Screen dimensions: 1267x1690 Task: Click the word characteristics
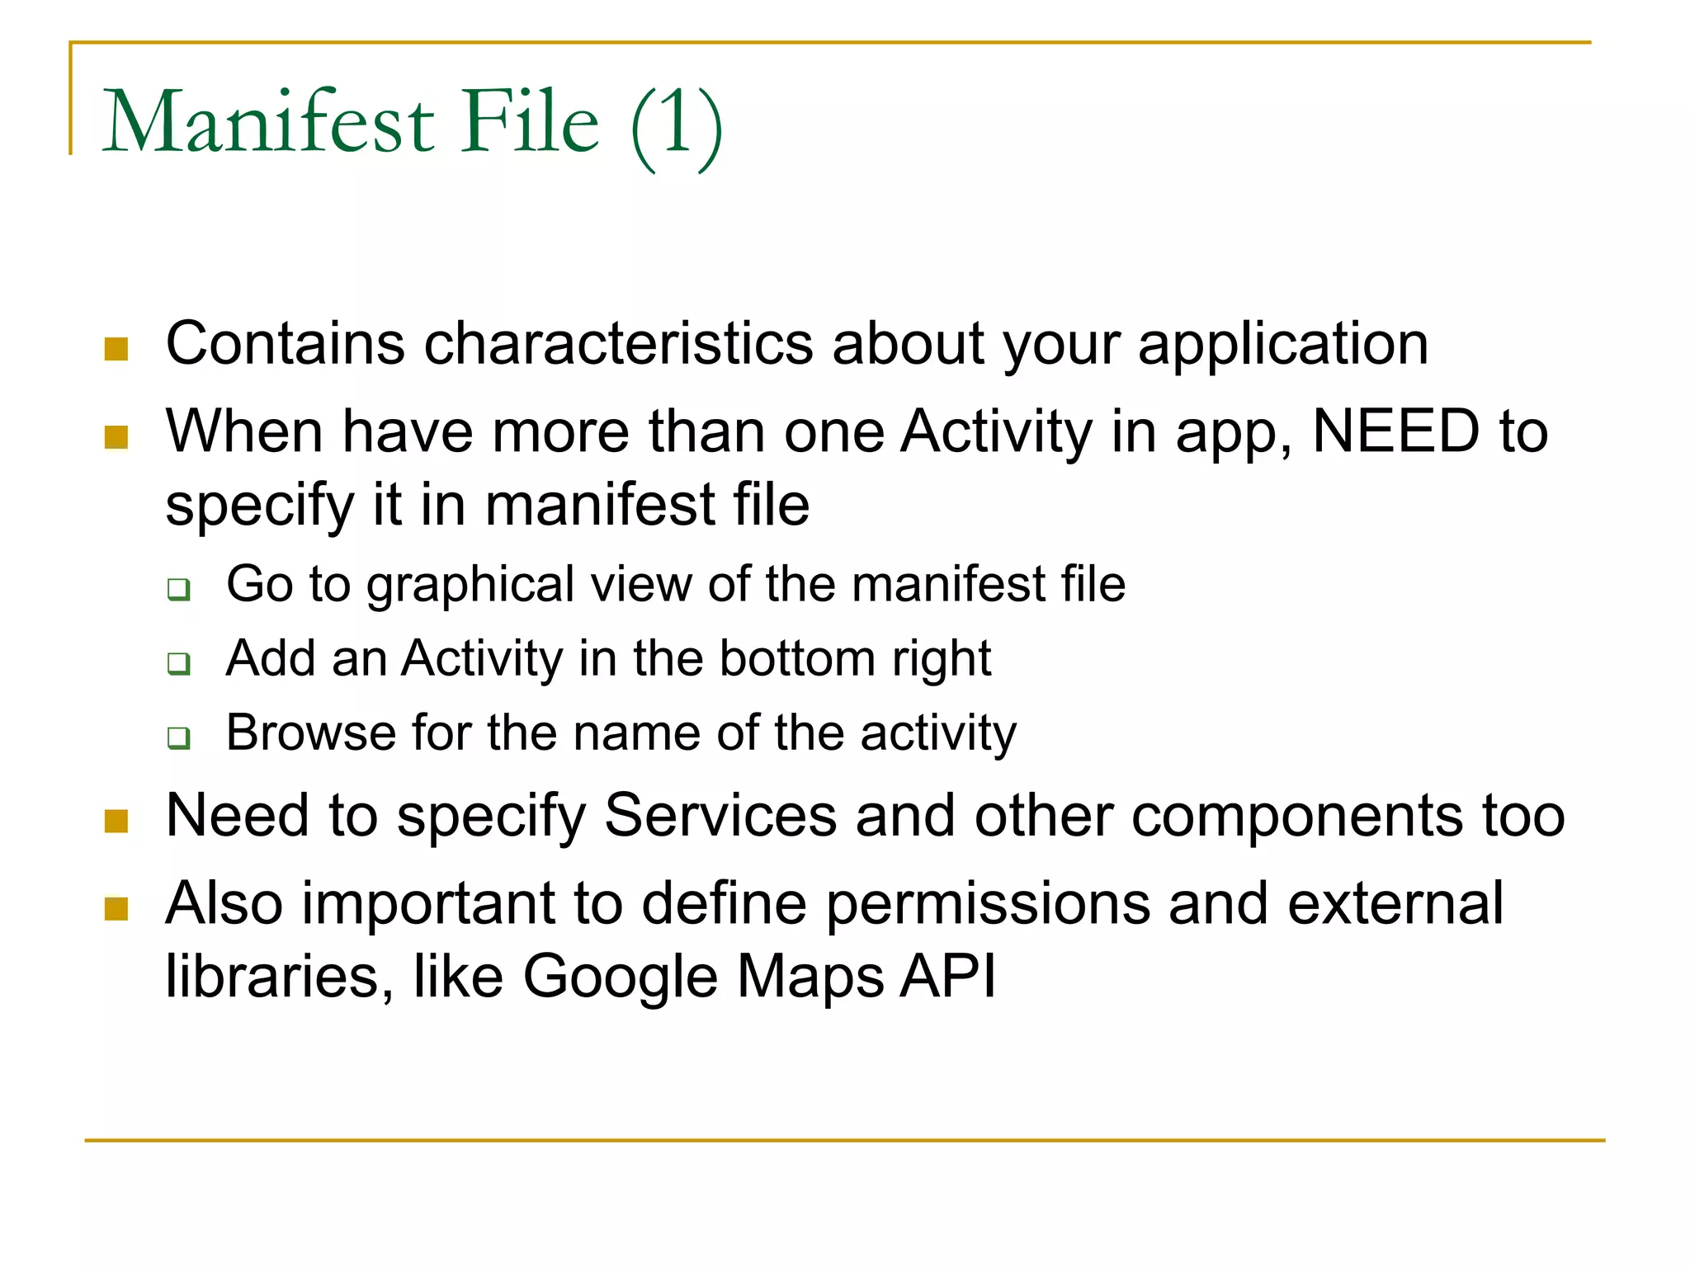tap(618, 343)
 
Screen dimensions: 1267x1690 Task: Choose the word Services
tap(721, 816)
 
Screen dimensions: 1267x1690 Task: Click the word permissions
tap(988, 904)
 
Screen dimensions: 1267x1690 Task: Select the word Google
tap(621, 977)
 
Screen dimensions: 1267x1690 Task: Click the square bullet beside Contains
tap(116, 349)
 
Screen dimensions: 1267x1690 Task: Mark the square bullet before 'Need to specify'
tap(116, 822)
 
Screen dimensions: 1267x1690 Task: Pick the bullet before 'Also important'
tap(116, 909)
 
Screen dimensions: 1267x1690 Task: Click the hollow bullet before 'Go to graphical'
tap(178, 590)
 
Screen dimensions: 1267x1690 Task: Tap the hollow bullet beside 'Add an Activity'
tap(178, 663)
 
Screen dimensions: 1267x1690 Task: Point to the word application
tap(1283, 345)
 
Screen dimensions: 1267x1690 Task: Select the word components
tap(1297, 817)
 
